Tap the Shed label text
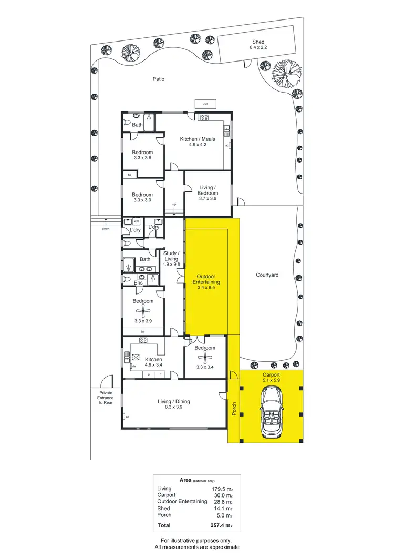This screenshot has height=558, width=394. [x=258, y=42]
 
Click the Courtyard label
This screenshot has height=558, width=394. [x=267, y=275]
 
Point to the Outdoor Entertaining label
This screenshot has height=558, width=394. [x=208, y=279]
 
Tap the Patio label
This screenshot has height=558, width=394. [x=159, y=79]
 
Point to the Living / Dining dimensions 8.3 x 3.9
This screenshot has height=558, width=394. [x=174, y=408]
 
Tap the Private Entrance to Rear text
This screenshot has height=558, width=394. [x=106, y=398]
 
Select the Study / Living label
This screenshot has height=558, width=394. [x=171, y=256]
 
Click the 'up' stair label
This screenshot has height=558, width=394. [x=173, y=205]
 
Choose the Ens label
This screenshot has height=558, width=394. [x=139, y=283]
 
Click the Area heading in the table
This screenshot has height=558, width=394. [x=185, y=480]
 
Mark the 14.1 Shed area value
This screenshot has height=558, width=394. [x=221, y=508]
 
